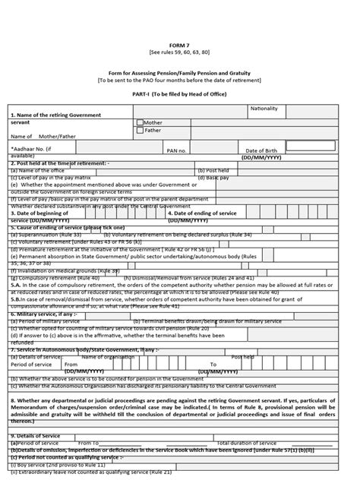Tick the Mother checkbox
coord(140,122)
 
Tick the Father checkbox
coord(140,131)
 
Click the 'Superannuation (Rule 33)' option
coord(46,235)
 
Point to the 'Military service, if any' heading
coord(44,313)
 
